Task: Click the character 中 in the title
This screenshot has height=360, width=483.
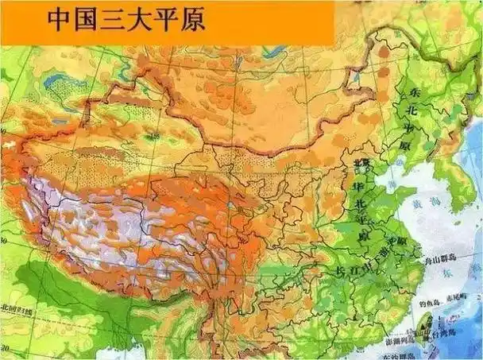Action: point(62,20)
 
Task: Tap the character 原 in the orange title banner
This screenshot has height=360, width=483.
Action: point(191,20)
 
